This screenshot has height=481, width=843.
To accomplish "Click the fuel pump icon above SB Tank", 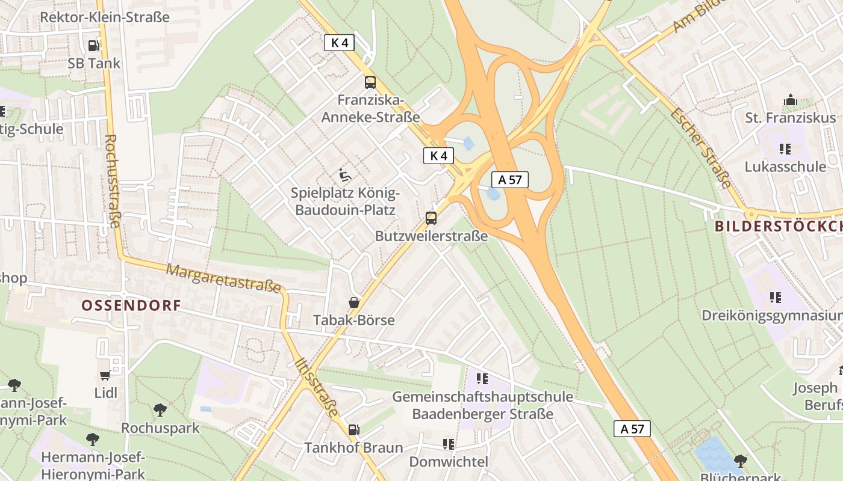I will point(93,45).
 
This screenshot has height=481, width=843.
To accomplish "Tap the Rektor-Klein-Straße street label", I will point(104,17).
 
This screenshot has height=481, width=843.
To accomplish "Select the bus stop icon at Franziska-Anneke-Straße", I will point(370,82).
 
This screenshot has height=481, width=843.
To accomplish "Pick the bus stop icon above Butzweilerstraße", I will point(431,218).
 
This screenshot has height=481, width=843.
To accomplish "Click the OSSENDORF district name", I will point(131,305).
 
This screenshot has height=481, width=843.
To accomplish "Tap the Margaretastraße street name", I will point(224,278).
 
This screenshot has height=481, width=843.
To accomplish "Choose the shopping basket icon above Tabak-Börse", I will point(354,302).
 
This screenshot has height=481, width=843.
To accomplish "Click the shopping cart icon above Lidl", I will point(105,376).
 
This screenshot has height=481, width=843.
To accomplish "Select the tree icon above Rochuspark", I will point(160,410).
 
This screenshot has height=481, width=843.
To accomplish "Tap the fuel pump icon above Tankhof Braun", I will point(354,430).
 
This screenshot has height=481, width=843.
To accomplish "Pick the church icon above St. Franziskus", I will point(790,100).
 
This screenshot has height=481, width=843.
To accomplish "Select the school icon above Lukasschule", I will point(785,149).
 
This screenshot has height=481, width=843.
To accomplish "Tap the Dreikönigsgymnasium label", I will point(772,316).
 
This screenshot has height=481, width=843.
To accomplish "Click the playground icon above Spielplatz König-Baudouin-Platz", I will point(345,175).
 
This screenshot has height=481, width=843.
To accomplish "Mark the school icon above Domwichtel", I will point(448,444).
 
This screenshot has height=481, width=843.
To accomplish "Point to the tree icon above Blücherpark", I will point(740,461).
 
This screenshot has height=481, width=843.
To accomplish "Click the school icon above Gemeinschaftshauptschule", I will point(482,379).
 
